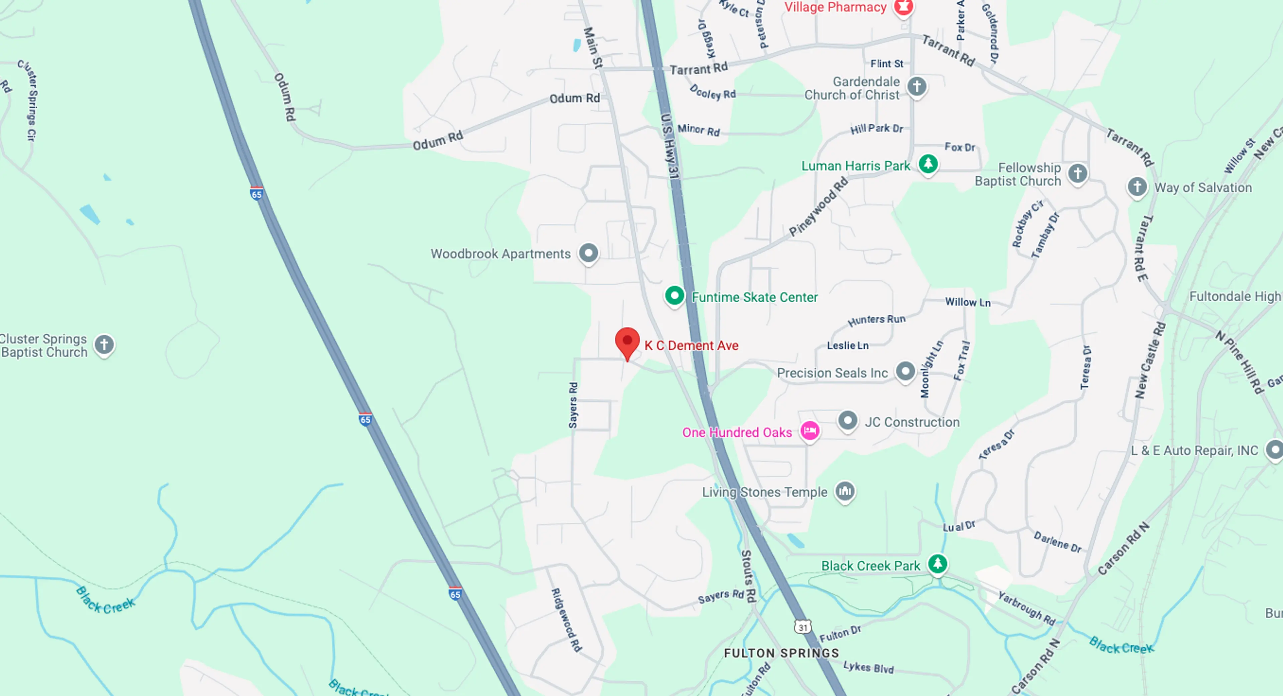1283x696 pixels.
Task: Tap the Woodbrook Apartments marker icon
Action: (588, 253)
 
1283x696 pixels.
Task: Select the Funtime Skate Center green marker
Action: (674, 296)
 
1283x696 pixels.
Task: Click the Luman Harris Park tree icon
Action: (928, 163)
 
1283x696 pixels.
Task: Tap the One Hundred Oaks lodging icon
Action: (809, 430)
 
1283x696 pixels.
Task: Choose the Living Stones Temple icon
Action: (845, 491)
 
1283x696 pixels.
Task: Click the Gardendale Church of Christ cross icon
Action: (916, 86)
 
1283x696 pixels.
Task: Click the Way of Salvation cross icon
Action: (1137, 187)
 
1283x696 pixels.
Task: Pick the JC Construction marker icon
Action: (847, 421)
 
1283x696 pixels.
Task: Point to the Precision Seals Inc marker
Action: (905, 371)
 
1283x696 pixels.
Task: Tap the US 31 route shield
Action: (802, 627)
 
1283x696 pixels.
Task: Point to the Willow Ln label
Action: (968, 302)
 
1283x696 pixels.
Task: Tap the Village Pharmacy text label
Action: (835, 7)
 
